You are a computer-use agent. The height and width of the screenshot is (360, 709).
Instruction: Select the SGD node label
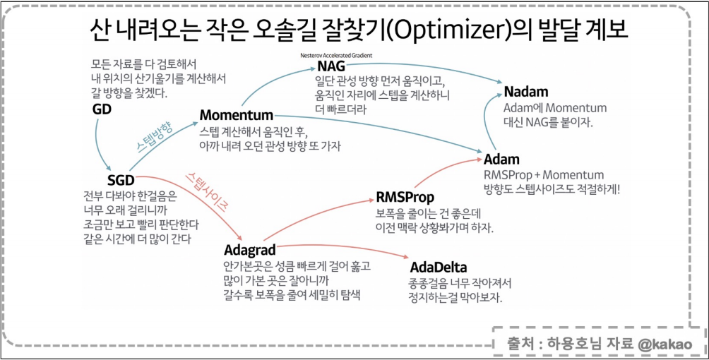[x=121, y=180]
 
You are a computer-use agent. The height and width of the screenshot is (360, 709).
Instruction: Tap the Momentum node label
[x=236, y=115]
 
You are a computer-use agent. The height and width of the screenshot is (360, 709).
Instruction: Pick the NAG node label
[x=332, y=66]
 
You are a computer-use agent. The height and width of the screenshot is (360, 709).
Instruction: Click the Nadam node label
[x=526, y=92]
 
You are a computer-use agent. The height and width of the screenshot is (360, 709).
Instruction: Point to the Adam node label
[x=501, y=159]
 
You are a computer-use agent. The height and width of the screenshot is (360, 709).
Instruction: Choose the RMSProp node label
[x=405, y=196]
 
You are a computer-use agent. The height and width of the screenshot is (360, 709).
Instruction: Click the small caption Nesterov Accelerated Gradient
[x=336, y=54]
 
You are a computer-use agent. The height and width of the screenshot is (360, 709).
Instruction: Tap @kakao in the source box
[x=665, y=342]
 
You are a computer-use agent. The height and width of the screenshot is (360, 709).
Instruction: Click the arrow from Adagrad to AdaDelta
[x=339, y=252]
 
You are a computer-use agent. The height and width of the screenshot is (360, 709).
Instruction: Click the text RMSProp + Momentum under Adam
[x=544, y=174]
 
